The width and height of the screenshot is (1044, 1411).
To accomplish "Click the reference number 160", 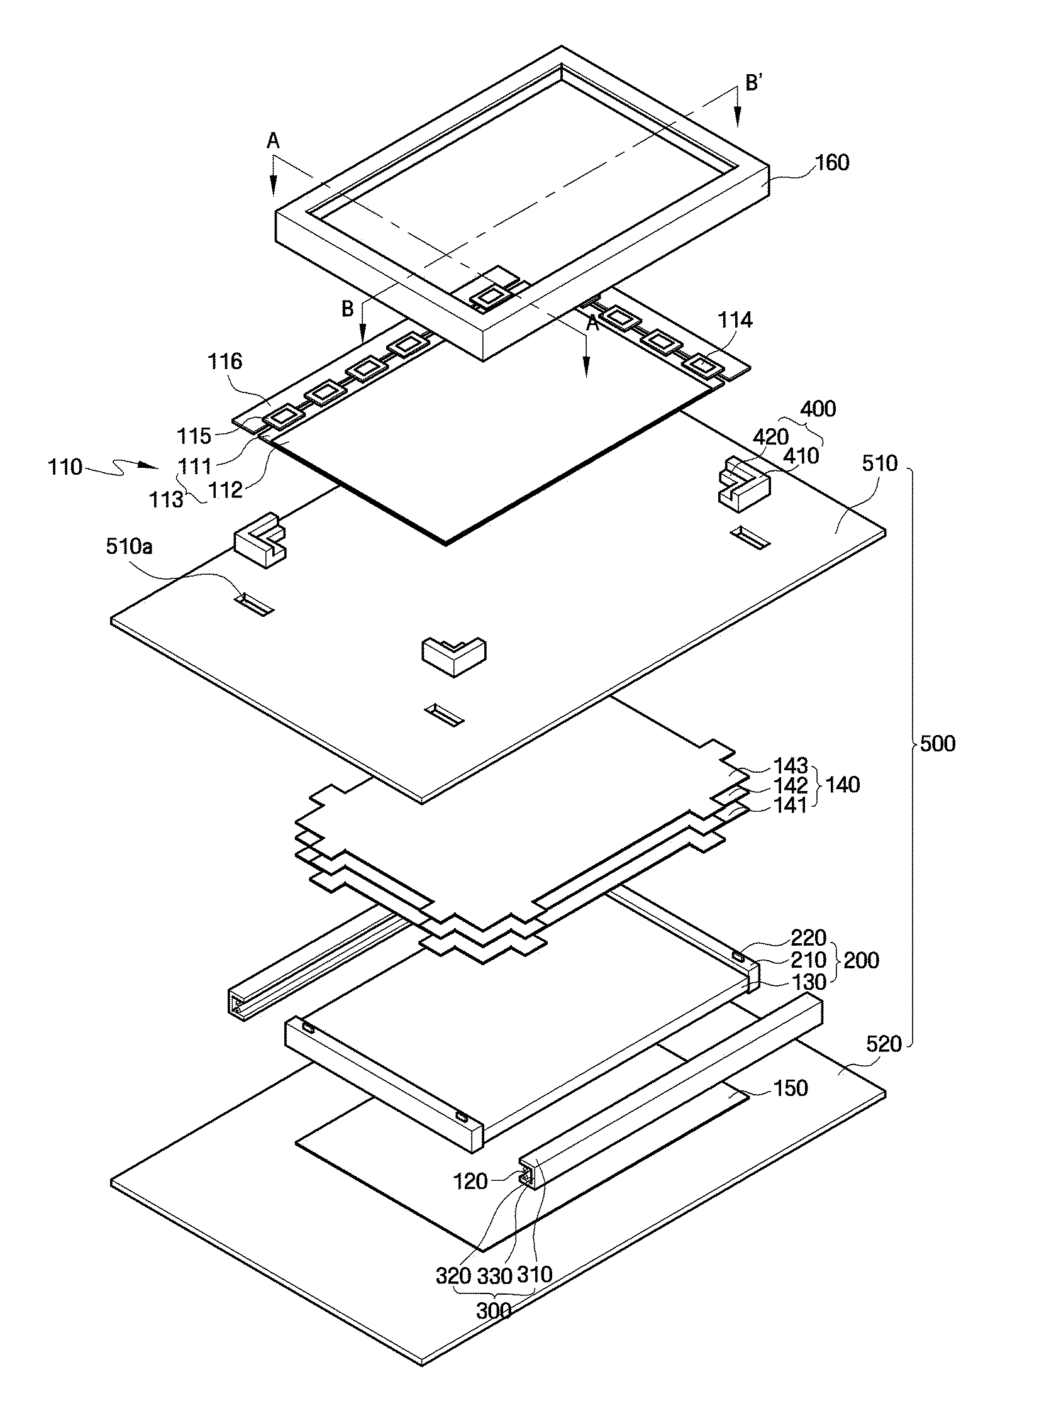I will [x=832, y=163].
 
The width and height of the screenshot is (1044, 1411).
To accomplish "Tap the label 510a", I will [x=129, y=546].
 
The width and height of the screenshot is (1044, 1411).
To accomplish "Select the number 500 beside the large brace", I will [x=937, y=744].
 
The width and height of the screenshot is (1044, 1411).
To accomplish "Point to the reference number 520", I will [x=884, y=1044].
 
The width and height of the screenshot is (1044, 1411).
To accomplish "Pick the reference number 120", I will [x=471, y=1181].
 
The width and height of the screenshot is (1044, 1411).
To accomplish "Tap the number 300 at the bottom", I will [x=494, y=1310].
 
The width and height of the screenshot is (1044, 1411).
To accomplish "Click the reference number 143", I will [x=791, y=766].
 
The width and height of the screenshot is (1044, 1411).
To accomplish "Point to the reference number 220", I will [x=808, y=937].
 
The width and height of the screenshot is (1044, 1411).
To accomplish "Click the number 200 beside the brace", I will [x=861, y=960].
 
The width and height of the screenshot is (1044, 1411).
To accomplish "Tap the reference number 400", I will [x=818, y=409].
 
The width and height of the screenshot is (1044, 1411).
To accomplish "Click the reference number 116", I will [x=225, y=362].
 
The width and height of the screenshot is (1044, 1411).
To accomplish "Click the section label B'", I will [x=753, y=83].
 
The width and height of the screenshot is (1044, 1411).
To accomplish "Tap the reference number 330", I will [x=494, y=1276].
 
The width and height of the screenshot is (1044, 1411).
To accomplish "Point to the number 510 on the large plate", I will [x=880, y=463].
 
